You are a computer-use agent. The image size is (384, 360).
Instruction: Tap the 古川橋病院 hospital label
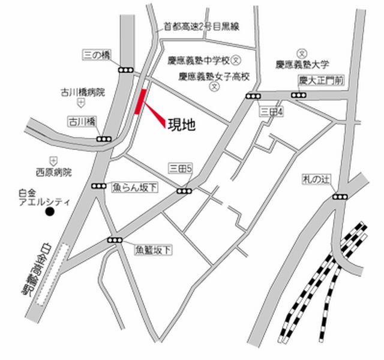point(83,92)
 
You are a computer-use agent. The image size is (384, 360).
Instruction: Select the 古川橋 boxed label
point(82,121)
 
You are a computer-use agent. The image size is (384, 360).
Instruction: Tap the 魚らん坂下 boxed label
point(135,187)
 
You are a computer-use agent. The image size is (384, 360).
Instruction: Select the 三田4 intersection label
point(271,112)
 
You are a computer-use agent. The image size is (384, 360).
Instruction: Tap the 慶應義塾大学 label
point(303,63)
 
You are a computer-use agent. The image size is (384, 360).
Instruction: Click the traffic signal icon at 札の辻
point(340,196)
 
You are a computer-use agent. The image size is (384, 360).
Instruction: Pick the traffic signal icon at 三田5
point(184,191)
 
